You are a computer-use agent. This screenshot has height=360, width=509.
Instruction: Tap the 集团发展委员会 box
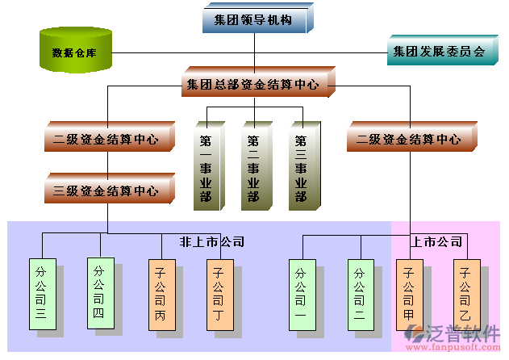click(x=438, y=52)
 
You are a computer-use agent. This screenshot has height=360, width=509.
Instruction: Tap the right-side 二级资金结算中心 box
click(x=409, y=139)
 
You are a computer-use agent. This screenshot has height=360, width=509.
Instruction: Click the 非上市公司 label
click(x=211, y=241)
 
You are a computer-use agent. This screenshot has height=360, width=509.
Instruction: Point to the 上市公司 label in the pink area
click(x=436, y=241)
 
